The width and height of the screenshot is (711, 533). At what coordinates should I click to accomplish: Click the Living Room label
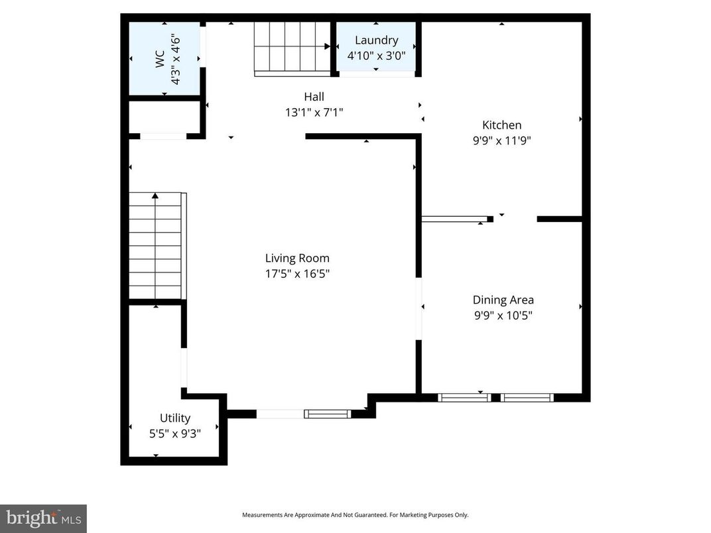[297, 259]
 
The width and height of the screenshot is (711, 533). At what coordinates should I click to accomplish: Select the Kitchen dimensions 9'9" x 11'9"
[501, 140]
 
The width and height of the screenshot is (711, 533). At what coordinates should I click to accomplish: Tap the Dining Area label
[503, 300]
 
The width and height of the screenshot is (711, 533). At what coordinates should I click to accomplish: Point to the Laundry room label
[376, 40]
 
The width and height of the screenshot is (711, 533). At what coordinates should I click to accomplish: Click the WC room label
[160, 60]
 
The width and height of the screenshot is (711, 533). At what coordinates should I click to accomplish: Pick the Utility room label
[175, 418]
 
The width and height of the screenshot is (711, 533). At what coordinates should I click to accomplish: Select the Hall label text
[314, 97]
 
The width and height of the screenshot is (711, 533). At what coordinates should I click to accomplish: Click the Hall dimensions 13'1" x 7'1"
[314, 113]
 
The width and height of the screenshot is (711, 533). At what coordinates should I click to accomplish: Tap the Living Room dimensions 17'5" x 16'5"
[297, 274]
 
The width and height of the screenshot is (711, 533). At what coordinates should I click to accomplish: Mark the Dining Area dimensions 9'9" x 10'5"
[503, 316]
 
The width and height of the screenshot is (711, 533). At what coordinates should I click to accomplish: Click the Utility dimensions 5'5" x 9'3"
[175, 434]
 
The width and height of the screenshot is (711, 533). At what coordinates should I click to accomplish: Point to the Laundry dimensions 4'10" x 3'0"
[376, 56]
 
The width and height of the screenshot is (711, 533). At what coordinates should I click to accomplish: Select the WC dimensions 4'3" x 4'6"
[176, 60]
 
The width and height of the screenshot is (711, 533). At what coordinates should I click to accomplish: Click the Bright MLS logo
[43, 518]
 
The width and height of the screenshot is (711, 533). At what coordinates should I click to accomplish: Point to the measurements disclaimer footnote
[355, 515]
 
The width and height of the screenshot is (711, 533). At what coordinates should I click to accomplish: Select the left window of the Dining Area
[464, 398]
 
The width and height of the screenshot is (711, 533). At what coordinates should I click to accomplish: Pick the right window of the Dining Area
[527, 398]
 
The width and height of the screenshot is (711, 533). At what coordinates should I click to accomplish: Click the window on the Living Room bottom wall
[327, 414]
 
